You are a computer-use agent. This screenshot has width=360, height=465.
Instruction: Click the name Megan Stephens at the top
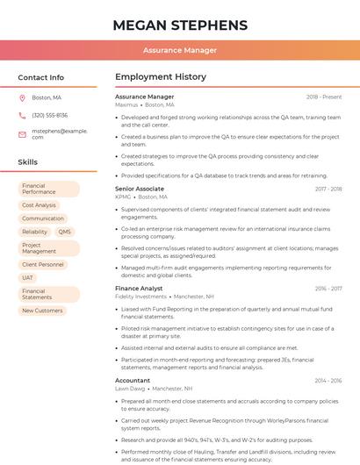(x=180, y=25)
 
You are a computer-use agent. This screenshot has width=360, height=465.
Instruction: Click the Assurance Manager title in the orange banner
(x=180, y=50)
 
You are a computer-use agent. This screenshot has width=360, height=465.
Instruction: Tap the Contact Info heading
(x=40, y=77)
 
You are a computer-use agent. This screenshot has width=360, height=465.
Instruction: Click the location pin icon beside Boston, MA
(x=22, y=97)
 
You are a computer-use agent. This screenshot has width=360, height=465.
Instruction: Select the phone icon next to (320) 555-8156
(x=22, y=115)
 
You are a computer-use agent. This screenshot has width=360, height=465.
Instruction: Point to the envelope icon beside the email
(x=22, y=133)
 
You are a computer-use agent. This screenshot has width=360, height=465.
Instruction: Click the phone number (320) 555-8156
(x=49, y=115)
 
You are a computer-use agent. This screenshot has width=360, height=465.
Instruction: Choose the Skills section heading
(x=28, y=162)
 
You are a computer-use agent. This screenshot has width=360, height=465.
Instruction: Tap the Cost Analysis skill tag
(x=39, y=205)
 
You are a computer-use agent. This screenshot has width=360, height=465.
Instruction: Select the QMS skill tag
(x=64, y=232)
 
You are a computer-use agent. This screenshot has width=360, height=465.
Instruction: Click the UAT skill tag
(x=28, y=277)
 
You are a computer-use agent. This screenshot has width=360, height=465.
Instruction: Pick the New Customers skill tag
(x=42, y=311)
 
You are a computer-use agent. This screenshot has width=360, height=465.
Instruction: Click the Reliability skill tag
(x=35, y=232)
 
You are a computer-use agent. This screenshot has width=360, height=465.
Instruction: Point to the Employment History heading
(x=161, y=77)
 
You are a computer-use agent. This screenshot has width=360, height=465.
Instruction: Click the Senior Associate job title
(x=140, y=189)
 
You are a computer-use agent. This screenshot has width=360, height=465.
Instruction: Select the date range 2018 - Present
(x=323, y=97)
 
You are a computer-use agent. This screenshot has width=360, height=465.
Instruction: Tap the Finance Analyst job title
(x=139, y=288)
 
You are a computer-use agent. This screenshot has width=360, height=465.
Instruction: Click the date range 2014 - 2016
(x=327, y=381)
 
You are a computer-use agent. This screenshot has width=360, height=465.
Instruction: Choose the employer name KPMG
(x=123, y=197)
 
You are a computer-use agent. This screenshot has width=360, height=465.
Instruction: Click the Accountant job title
(x=133, y=380)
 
